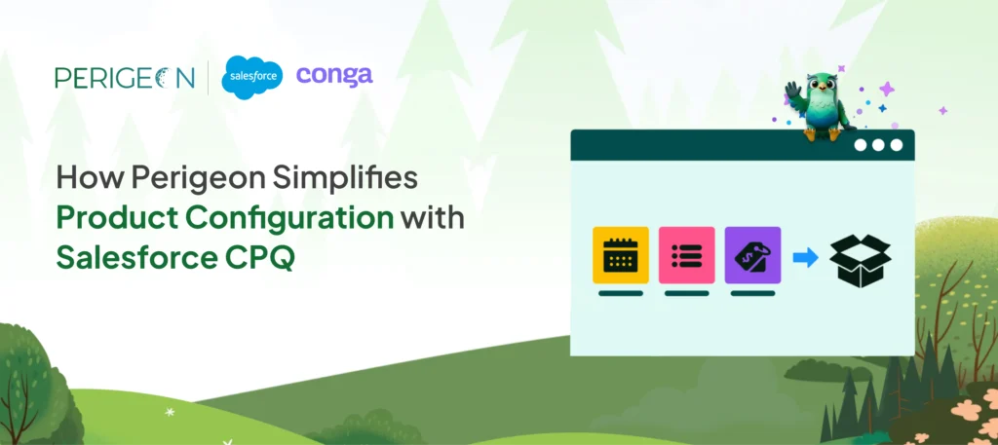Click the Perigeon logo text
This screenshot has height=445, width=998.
click(x=125, y=77)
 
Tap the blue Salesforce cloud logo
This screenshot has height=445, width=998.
click(x=252, y=77)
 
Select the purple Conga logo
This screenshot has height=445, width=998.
click(x=334, y=75)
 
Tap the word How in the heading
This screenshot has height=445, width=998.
click(x=79, y=178)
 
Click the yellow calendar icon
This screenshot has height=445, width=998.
click(x=620, y=255)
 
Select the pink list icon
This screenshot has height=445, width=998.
click(x=686, y=255)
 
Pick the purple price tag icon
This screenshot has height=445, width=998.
click(x=752, y=255)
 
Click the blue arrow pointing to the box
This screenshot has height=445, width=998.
click(x=805, y=257)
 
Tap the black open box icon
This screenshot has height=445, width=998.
click(x=860, y=256)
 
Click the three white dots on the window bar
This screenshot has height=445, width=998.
click(x=878, y=145)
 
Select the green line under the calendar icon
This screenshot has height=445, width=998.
click(x=620, y=292)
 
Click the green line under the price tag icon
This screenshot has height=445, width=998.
click(x=752, y=292)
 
